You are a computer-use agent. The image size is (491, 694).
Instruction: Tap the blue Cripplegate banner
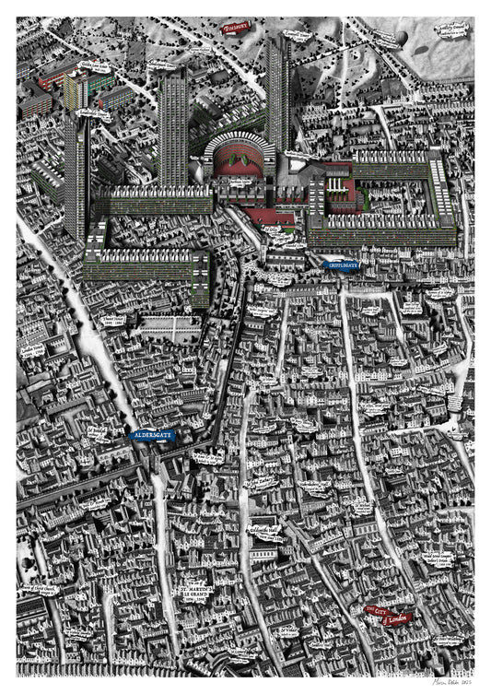pyautogui.click(x=341, y=265)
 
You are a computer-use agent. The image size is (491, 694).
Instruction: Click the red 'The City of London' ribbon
pyautogui.click(x=385, y=615)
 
